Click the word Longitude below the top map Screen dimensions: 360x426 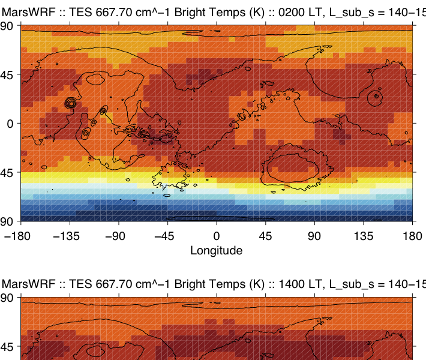pos(216,250)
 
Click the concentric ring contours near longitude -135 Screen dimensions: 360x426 pos(71,103)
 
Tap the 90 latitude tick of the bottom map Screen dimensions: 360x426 pos(8,298)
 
